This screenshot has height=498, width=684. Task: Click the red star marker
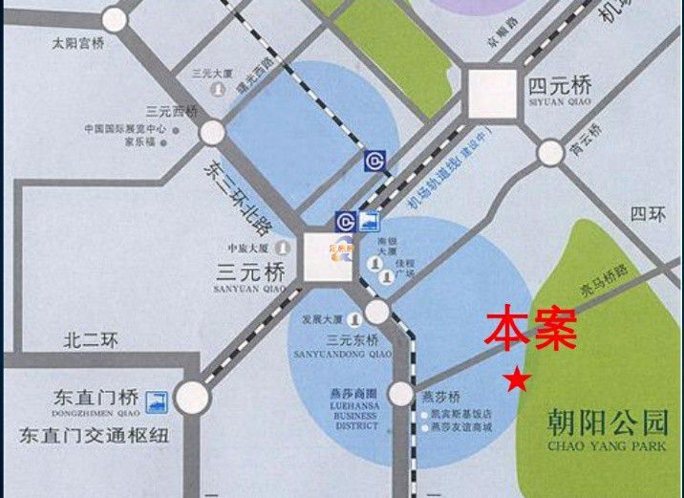pos(517,379)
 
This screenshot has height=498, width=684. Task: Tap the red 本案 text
pos(530,328)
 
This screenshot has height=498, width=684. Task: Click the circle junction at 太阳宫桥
pos(115,19)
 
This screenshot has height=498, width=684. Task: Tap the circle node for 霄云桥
pos(550,152)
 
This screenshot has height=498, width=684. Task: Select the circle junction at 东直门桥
pos(192,397)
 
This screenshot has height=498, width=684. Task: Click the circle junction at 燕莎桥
pos(401,395)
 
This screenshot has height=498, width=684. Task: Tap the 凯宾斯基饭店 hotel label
pos(462,416)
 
